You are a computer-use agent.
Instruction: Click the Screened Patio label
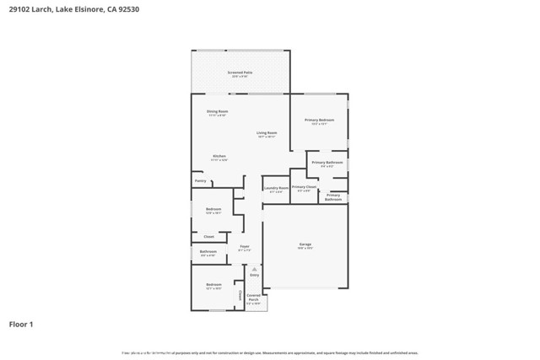point(240,73)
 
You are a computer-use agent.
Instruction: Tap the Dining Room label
point(217,111)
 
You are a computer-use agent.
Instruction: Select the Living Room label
point(267,133)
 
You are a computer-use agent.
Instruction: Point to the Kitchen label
point(219,156)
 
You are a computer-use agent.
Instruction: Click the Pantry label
point(201,180)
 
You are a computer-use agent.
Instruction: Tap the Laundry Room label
point(276,188)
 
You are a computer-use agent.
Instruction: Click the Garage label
point(305,245)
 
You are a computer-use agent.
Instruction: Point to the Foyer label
point(244,246)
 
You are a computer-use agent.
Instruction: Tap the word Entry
point(254,275)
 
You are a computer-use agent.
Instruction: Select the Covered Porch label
point(254,296)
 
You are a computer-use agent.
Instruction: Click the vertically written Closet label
point(240,296)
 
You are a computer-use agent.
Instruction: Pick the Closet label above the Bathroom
point(208,236)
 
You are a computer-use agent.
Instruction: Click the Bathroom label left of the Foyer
point(208,251)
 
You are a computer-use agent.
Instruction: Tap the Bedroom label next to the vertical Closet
point(213,285)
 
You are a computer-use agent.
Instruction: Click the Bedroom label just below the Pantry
point(213,209)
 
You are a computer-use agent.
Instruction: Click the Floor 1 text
point(21,324)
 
